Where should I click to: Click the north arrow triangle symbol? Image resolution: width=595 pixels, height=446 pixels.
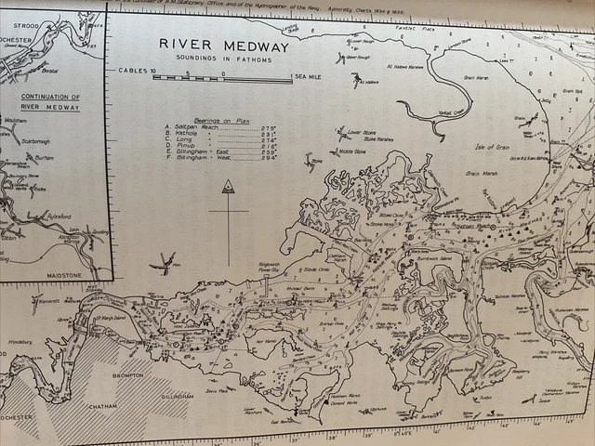tap(227, 187)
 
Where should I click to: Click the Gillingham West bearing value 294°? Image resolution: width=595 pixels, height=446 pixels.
tap(271, 158)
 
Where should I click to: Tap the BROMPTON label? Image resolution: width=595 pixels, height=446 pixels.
tap(128, 375)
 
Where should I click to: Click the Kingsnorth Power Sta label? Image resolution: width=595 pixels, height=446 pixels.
tap(269, 267)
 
